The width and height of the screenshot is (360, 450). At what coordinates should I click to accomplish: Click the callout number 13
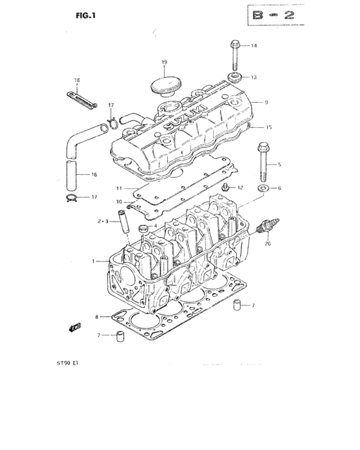click(x=253, y=77)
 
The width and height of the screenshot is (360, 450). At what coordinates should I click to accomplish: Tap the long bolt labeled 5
click(x=263, y=164)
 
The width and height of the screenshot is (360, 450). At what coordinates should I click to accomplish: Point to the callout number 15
click(x=269, y=127)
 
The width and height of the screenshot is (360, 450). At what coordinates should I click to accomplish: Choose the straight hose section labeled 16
click(x=72, y=173)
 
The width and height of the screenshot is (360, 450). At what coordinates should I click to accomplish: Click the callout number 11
click(x=119, y=188)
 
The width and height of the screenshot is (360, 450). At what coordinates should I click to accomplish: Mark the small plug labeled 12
click(x=226, y=187)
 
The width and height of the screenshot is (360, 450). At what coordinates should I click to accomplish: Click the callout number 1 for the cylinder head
click(x=93, y=261)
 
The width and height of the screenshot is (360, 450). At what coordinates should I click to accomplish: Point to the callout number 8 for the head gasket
click(x=97, y=317)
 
